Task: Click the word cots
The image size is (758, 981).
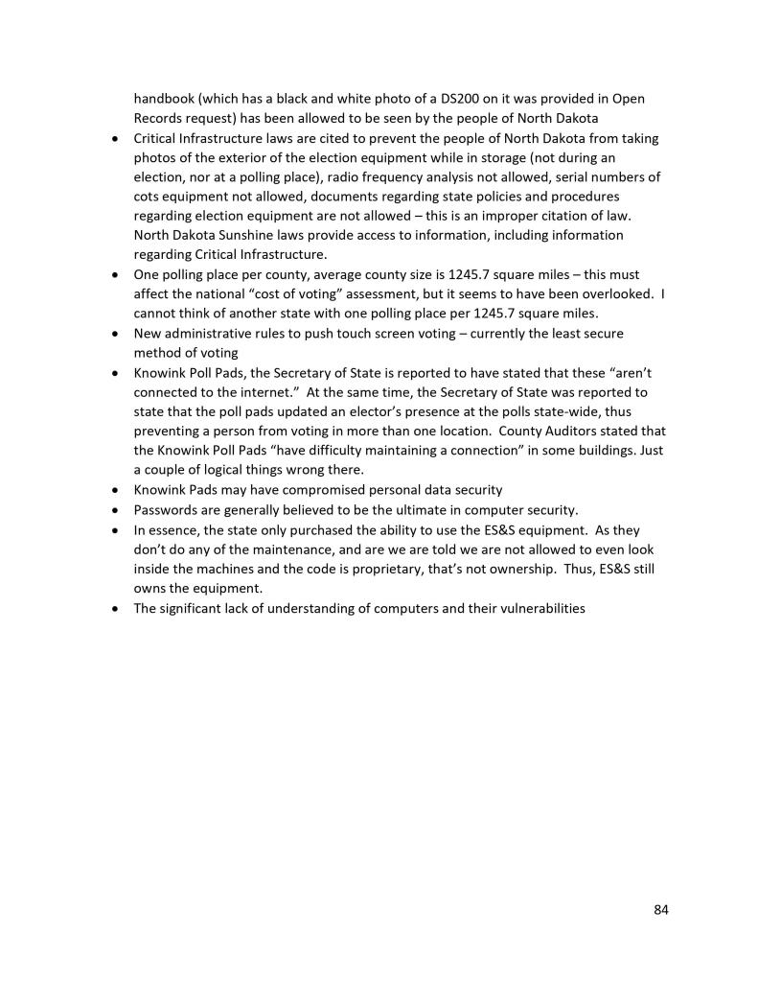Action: point(148,197)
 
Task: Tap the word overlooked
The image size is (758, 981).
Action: point(616,293)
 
